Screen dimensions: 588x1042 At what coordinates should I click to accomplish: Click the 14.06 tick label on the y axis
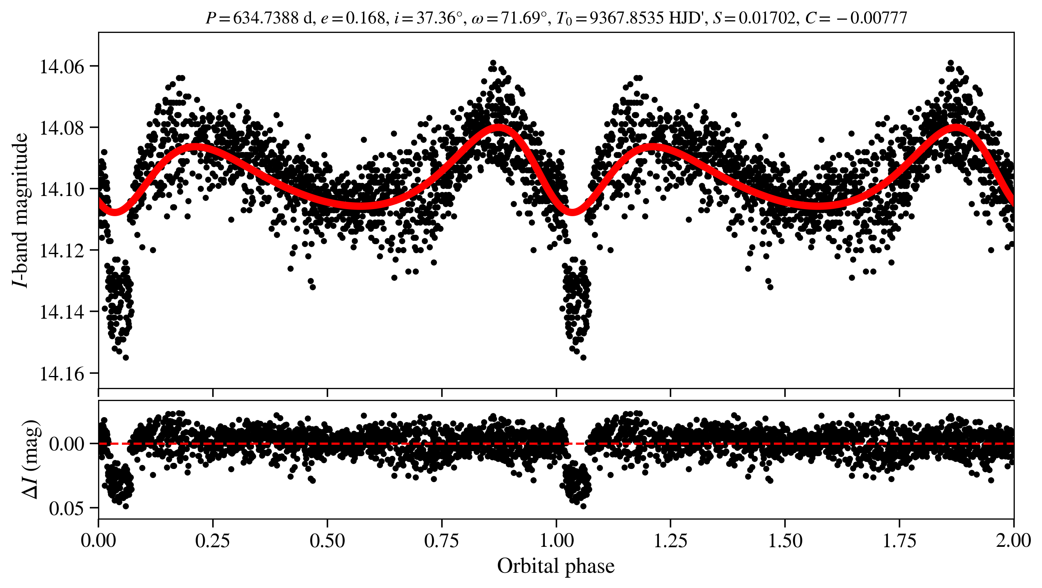61,67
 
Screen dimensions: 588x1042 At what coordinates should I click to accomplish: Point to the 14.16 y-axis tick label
61,374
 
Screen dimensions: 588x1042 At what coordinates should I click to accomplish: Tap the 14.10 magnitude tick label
61,189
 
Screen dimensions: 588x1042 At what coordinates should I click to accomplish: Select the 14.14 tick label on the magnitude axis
61,312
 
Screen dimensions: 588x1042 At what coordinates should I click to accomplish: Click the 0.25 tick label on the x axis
213,541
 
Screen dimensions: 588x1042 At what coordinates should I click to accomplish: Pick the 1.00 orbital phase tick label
556,541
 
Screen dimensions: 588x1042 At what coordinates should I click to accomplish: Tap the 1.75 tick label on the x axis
899,541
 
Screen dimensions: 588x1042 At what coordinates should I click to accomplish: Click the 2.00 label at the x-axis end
1013,541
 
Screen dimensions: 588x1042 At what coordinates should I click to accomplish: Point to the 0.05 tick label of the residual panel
66,509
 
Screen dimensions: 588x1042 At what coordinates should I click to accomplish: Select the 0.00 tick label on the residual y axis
66,444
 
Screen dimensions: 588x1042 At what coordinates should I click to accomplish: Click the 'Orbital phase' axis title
556,566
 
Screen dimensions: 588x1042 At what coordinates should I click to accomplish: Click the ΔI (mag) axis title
30,460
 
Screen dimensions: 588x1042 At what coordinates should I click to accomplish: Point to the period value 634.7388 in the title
266,18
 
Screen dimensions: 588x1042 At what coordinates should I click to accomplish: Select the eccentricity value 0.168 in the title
365,18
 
